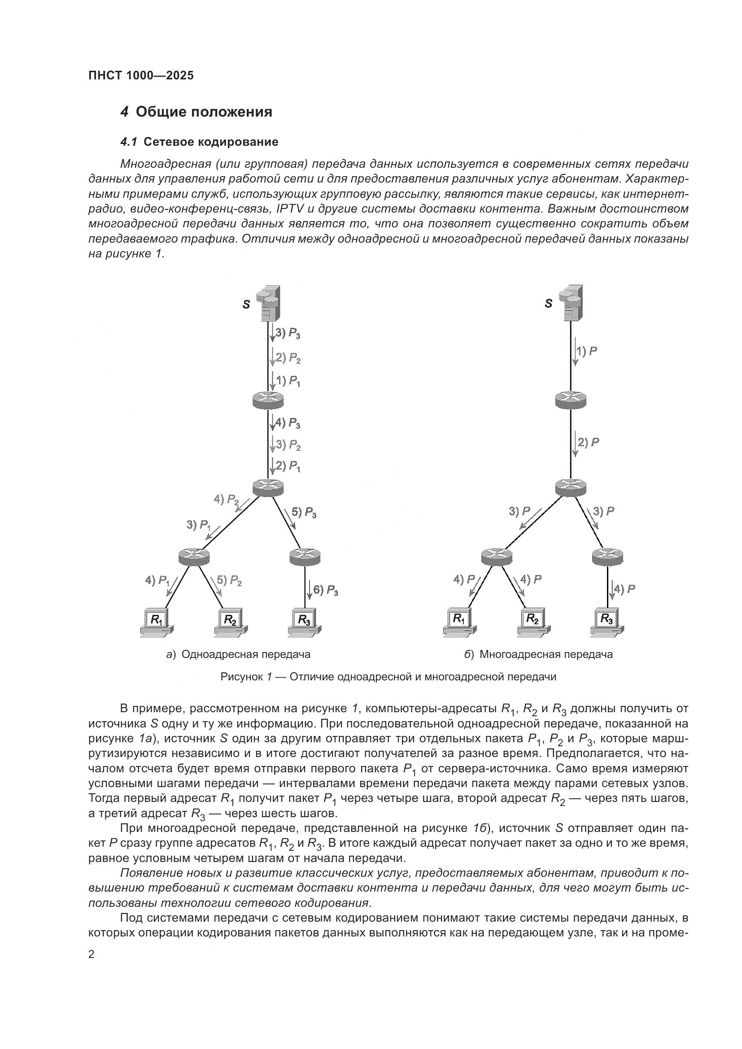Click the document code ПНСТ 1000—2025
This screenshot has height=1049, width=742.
(141, 75)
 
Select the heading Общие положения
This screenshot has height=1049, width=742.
(204, 112)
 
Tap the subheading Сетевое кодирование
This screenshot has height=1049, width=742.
(211, 142)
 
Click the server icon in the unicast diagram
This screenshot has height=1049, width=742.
(269, 303)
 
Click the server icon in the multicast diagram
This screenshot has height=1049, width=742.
(572, 303)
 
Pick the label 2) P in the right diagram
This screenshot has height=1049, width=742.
(588, 442)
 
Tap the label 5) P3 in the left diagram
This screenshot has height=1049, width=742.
(304, 512)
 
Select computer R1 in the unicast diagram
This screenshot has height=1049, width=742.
(157, 622)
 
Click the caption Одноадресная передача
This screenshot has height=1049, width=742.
(246, 654)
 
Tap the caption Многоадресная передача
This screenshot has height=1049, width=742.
(546, 654)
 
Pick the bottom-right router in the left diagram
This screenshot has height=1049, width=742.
(305, 556)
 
